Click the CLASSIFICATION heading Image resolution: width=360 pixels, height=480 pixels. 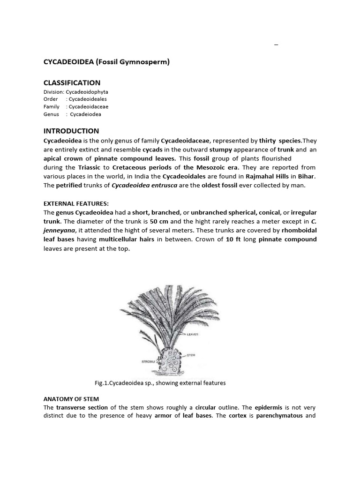coord(72,83)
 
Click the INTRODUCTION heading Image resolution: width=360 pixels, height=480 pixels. coord(71,131)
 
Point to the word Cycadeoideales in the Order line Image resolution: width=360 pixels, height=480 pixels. coord(89,99)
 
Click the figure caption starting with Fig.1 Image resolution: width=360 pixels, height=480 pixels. coord(160,383)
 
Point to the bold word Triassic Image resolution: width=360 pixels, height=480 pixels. coord(93,167)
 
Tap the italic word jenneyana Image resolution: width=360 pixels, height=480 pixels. coord(60,230)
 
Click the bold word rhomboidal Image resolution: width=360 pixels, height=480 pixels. coord(299,230)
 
